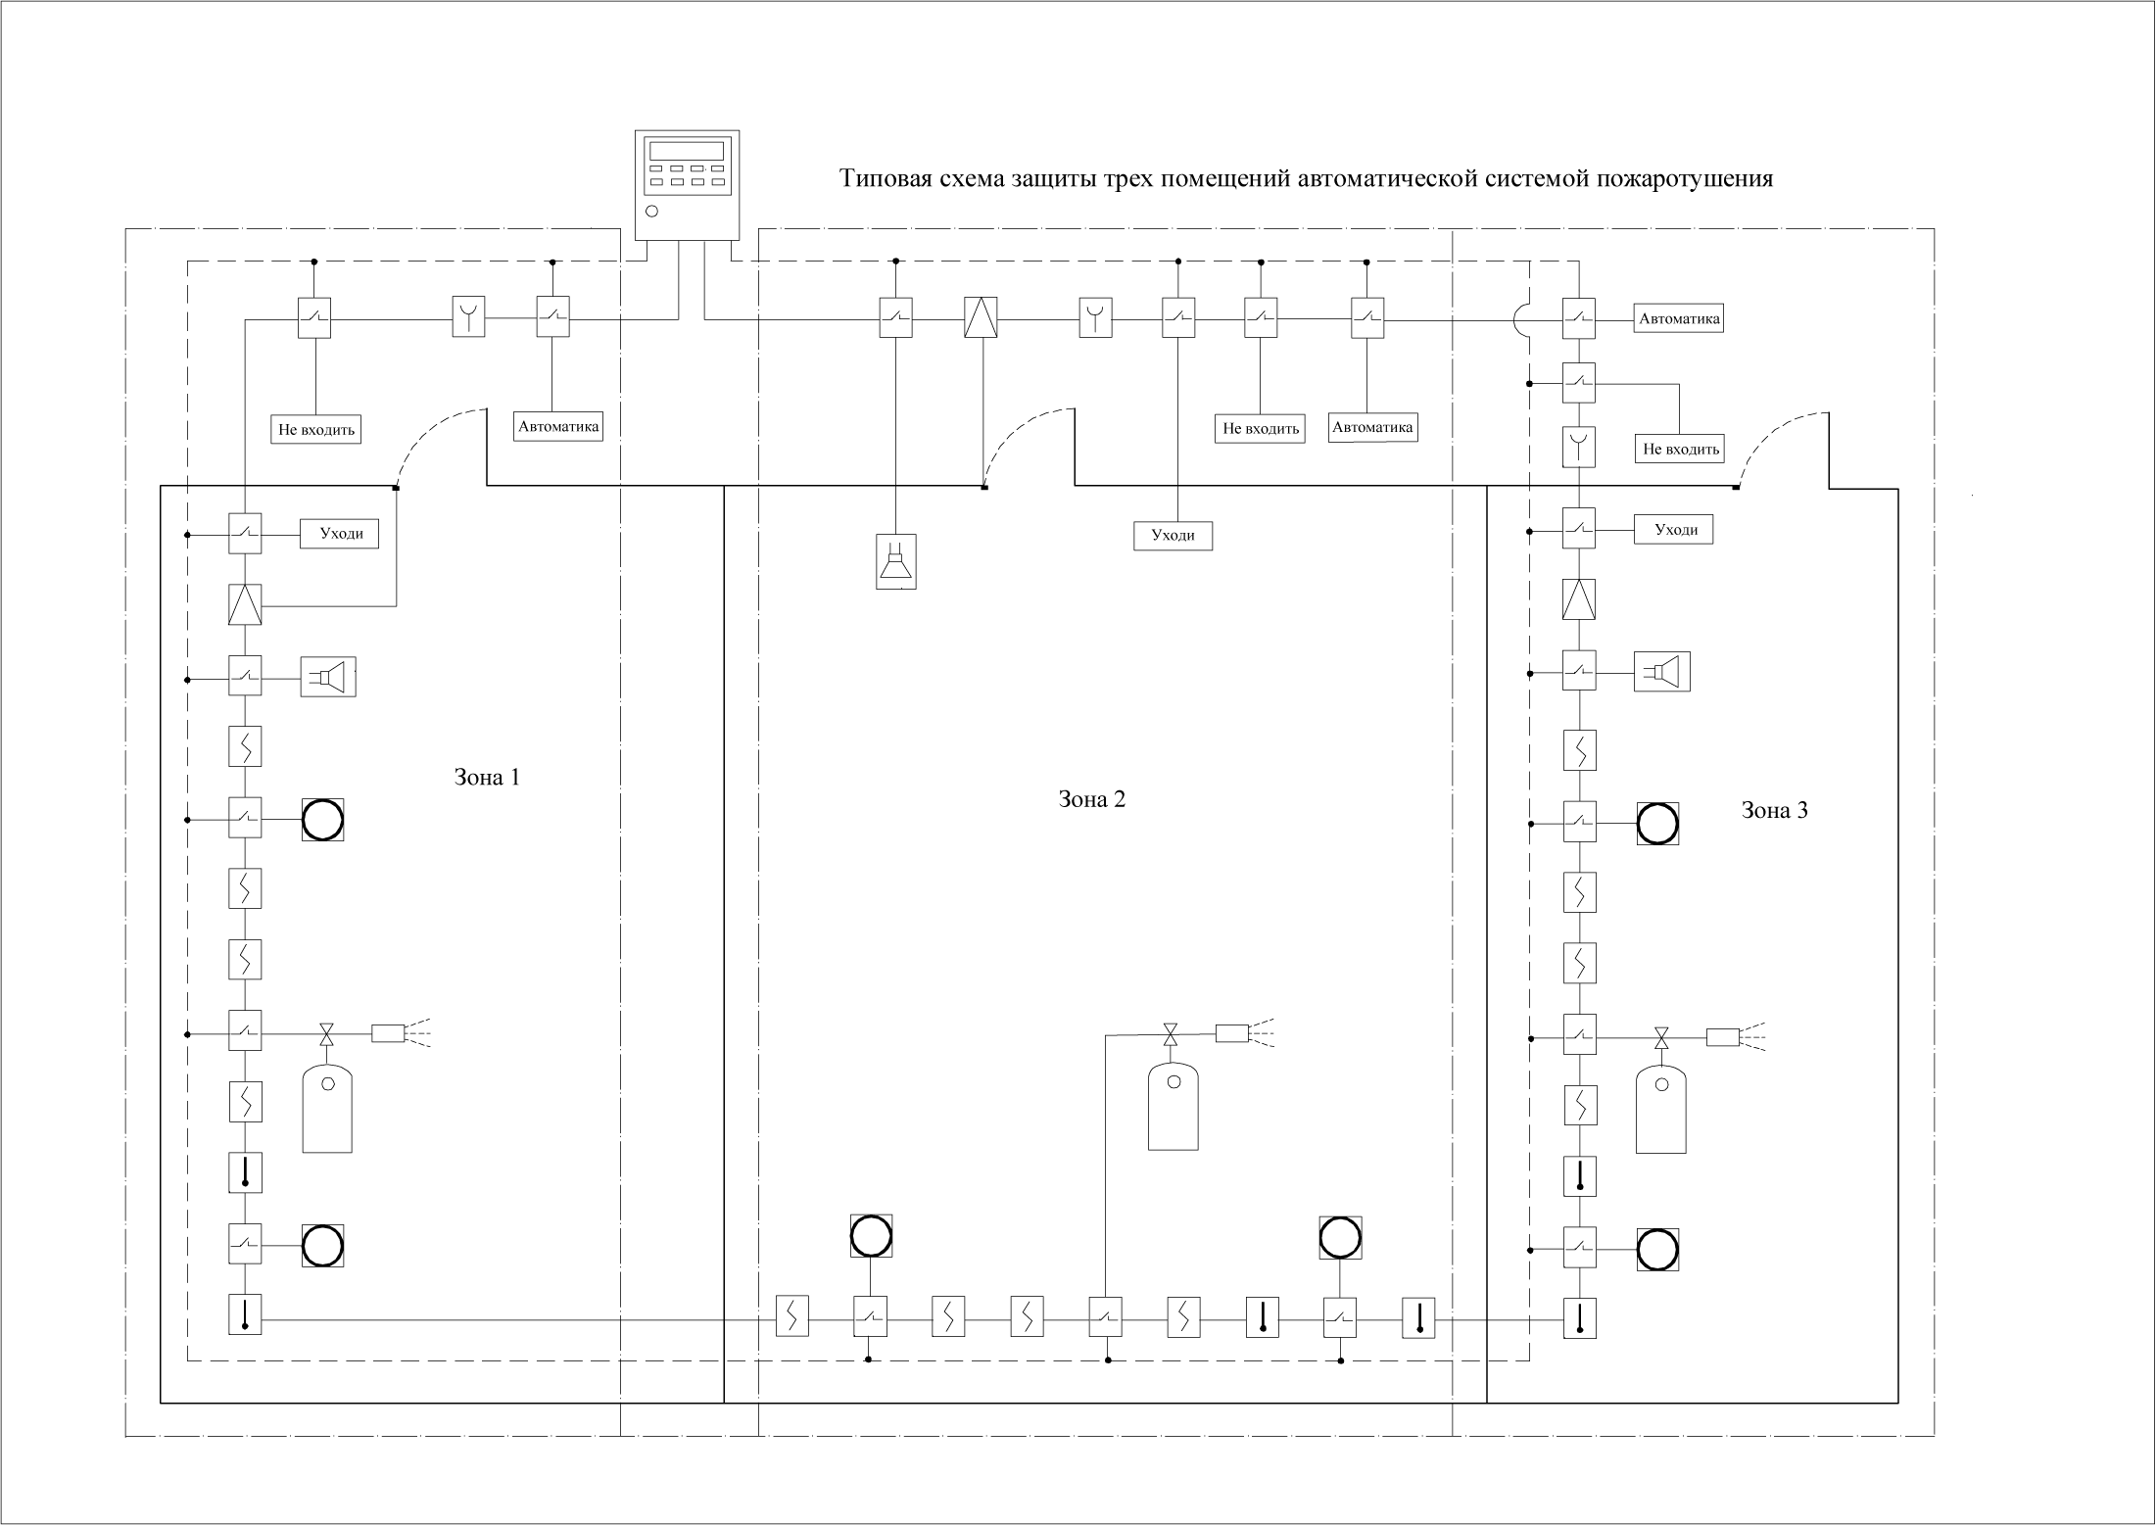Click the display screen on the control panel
click(x=687, y=151)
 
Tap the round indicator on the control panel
click(x=652, y=211)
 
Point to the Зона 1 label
click(x=487, y=777)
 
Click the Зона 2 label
click(x=1091, y=798)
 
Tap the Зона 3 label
click(x=1774, y=810)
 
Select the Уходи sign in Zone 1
click(x=339, y=534)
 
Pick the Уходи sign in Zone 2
click(x=1173, y=536)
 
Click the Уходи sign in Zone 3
click(x=1673, y=530)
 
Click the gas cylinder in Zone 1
click(x=327, y=1108)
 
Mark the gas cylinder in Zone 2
click(x=1173, y=1106)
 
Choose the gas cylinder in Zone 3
click(x=1660, y=1109)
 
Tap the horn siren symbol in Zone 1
click(x=328, y=677)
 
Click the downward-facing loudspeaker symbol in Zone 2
click(x=895, y=561)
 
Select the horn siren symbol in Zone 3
click(x=1662, y=671)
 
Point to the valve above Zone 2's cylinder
click(x=1170, y=1033)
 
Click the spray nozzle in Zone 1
click(x=402, y=1032)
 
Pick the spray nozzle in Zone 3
click(x=1736, y=1036)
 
